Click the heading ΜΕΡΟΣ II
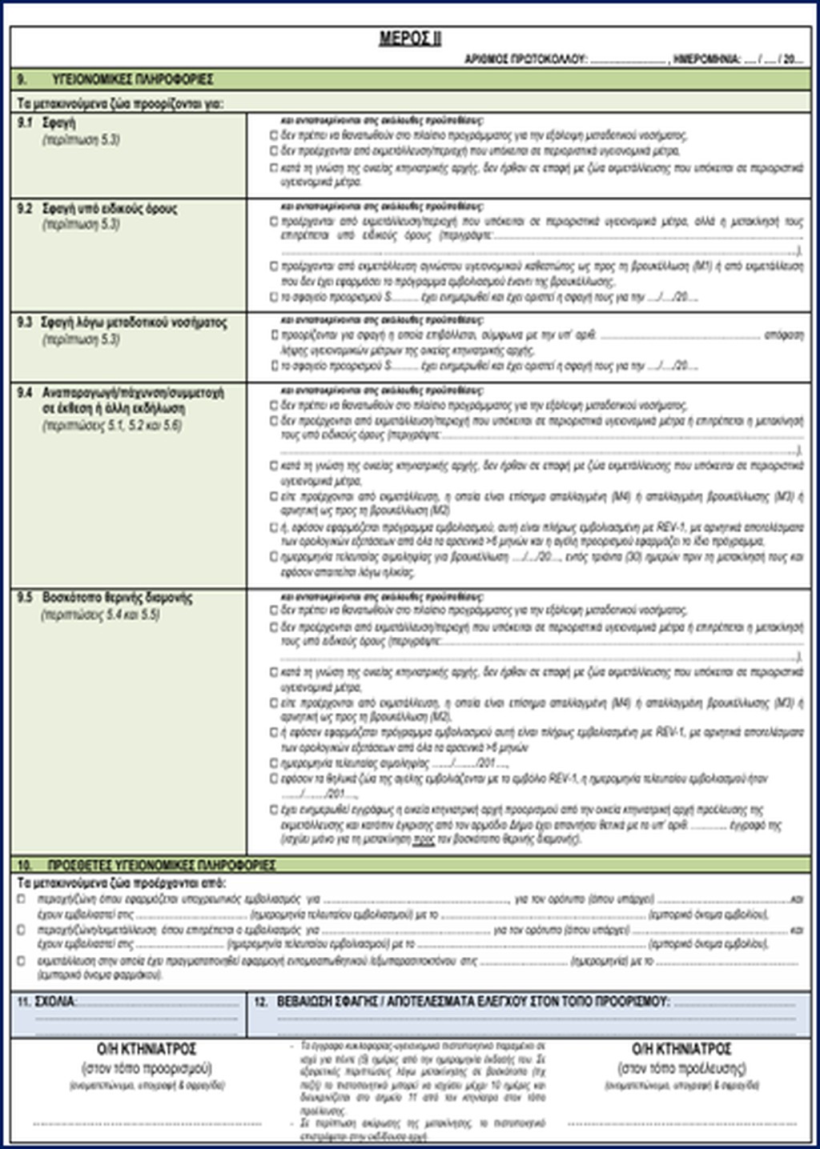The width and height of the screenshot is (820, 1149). click(409, 39)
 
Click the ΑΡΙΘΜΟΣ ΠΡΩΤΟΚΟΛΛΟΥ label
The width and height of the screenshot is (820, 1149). click(526, 59)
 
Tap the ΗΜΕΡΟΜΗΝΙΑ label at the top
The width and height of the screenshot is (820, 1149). click(707, 59)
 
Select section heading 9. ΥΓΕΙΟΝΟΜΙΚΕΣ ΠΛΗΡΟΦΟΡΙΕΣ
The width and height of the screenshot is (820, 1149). click(132, 80)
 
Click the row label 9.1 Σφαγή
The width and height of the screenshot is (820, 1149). click(58, 123)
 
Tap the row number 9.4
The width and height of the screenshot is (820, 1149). click(25, 393)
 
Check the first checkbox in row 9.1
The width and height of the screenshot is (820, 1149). click(274, 136)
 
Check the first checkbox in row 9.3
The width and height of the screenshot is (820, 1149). click(274, 336)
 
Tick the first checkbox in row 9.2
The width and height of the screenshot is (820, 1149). click(274, 222)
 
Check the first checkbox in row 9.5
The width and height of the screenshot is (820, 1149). click(274, 611)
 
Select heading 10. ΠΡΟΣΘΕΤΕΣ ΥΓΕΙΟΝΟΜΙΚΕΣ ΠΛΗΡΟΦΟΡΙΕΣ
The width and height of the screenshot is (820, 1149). click(161, 866)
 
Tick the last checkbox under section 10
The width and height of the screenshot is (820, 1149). click(21, 961)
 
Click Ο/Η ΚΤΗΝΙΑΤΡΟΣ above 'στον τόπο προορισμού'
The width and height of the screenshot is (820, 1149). click(147, 1049)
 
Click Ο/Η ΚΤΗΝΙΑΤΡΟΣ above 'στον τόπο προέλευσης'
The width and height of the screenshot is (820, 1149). click(681, 1049)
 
